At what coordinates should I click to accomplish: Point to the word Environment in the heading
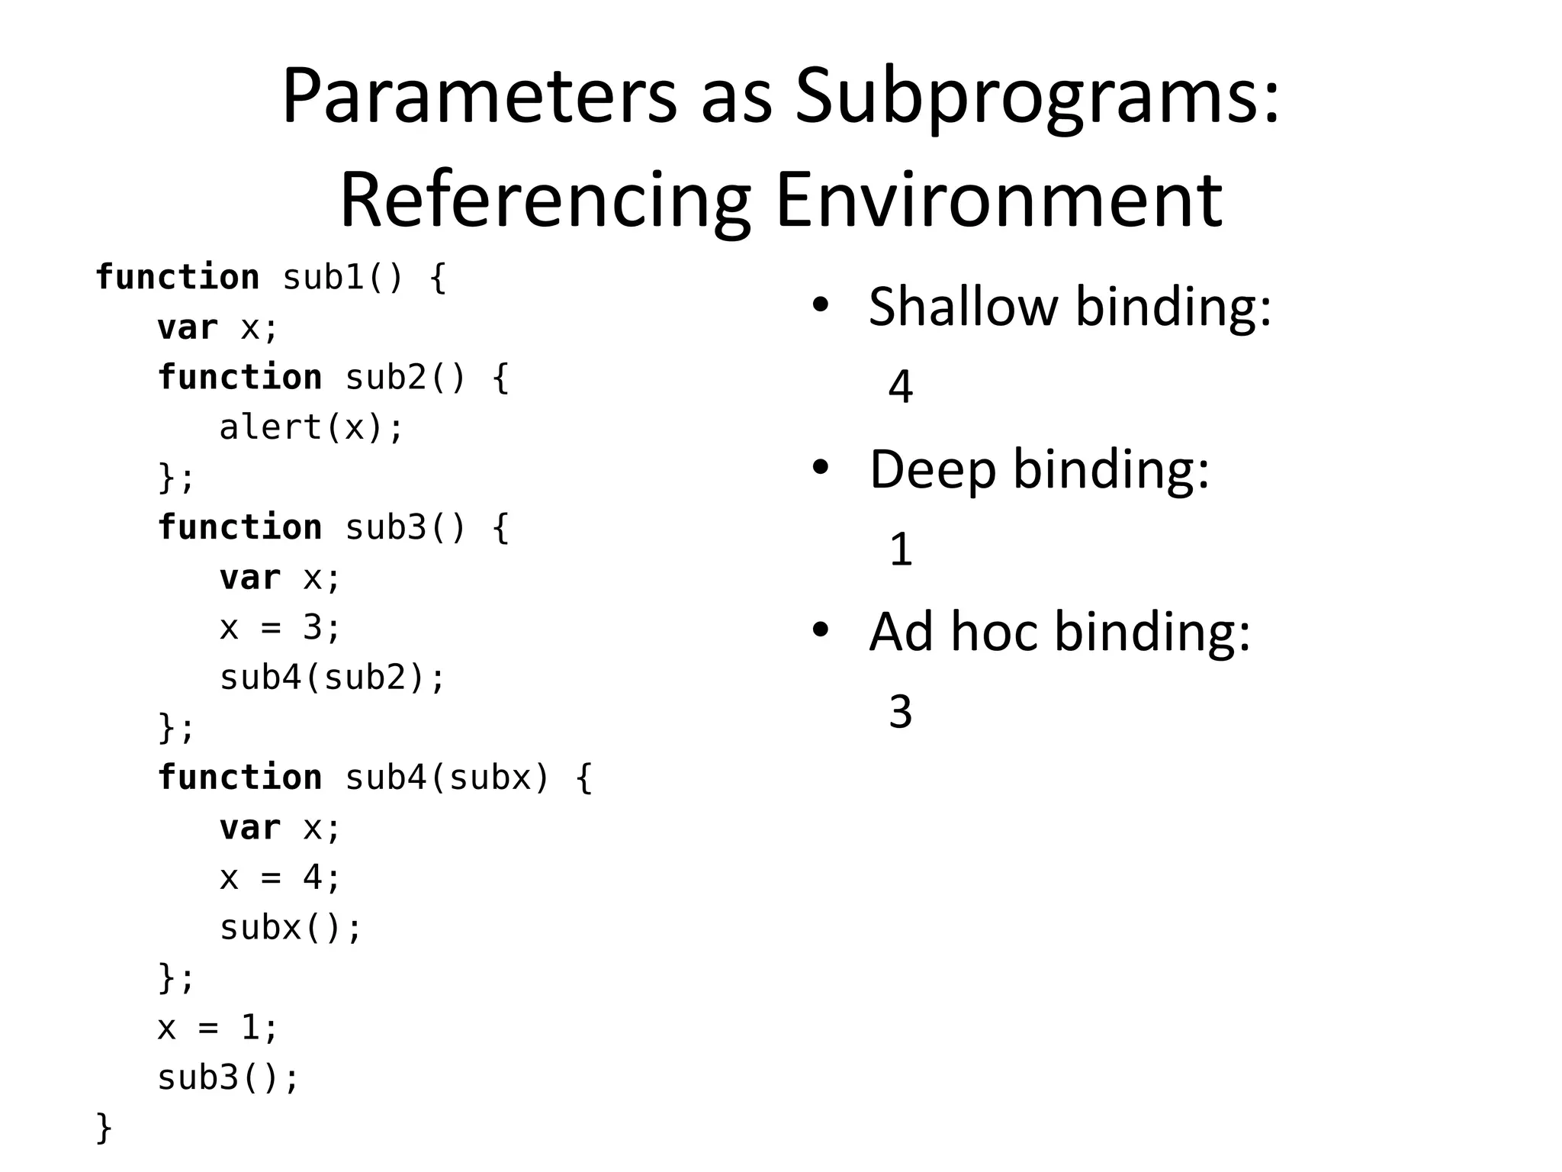point(999,200)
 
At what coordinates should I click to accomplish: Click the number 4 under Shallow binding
point(900,387)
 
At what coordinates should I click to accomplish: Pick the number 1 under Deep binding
point(901,549)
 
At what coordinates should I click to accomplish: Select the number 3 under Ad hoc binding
point(900,712)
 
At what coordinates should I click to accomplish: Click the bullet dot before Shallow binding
point(821,305)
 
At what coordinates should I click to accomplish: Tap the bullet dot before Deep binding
point(821,468)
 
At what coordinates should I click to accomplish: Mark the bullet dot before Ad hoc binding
point(821,630)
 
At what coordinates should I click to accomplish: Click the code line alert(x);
point(311,427)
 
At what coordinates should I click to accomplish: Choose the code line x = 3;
point(280,628)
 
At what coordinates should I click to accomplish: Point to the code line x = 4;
point(280,877)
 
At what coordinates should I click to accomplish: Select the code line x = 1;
point(218,1028)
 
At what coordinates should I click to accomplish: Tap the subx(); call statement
point(291,928)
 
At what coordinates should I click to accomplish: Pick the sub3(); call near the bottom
point(228,1077)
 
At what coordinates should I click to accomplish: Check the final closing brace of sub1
point(104,1128)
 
